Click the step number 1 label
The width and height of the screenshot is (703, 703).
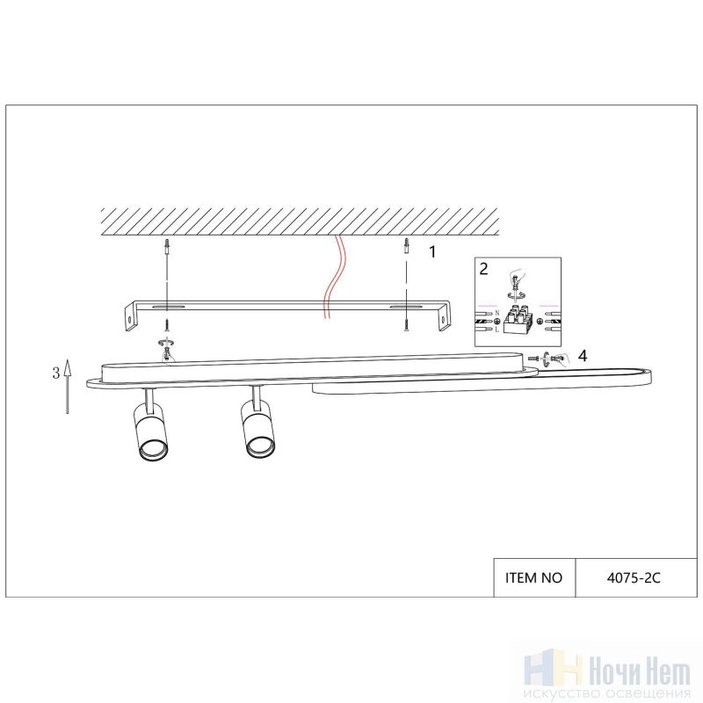(432, 252)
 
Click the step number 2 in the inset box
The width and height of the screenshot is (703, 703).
(483, 269)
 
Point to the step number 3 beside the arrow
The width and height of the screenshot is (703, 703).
(56, 373)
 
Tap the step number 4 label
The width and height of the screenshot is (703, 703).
(582, 356)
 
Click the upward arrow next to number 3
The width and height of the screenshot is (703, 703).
(68, 386)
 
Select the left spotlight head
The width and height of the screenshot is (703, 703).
(150, 431)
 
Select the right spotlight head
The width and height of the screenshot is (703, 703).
(257, 428)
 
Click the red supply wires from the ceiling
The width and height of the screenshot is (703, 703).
(334, 278)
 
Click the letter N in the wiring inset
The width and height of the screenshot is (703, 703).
(496, 313)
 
